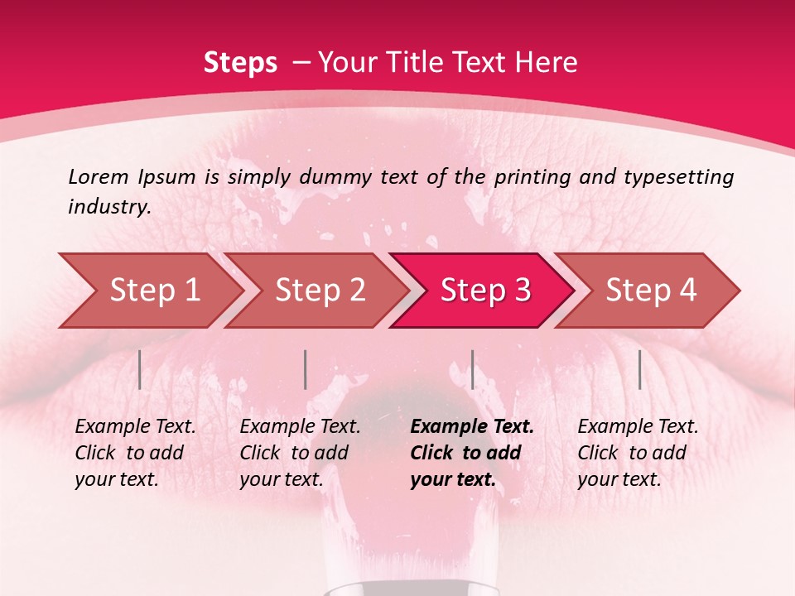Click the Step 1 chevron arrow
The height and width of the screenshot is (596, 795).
[153, 290]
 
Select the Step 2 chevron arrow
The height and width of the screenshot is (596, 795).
[320, 290]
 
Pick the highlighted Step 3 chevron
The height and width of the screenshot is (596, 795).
[485, 290]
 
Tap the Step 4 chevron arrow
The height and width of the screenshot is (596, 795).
[651, 290]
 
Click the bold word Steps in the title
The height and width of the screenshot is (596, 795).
[240, 63]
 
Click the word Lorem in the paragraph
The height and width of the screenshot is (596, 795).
[99, 176]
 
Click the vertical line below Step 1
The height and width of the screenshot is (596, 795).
[140, 369]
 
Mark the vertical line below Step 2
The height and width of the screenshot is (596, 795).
[306, 369]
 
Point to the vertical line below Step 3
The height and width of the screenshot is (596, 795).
[472, 369]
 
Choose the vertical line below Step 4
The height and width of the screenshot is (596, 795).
[639, 369]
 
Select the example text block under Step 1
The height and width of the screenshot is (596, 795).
[135, 453]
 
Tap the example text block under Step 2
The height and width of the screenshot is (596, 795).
[300, 453]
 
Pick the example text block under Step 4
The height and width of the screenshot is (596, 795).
[638, 453]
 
